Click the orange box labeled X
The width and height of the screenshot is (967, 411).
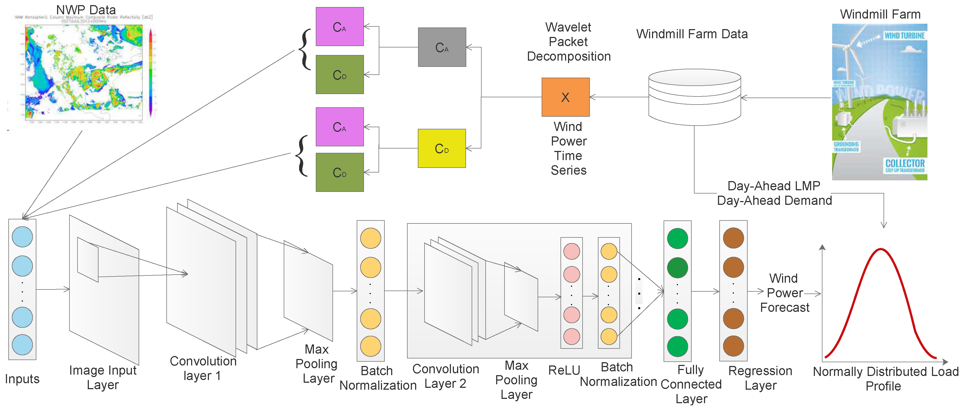[565, 97]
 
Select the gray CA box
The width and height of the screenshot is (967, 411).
[442, 47]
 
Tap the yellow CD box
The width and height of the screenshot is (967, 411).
[442, 148]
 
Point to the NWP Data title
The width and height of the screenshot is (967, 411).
[86, 10]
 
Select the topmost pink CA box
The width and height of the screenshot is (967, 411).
[339, 27]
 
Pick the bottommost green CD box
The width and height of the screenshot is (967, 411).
[339, 172]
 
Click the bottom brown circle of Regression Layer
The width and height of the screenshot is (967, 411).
[733, 346]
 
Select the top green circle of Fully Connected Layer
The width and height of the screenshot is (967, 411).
[677, 239]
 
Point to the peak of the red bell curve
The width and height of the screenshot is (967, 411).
[881, 249]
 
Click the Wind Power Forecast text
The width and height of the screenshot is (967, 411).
[784, 293]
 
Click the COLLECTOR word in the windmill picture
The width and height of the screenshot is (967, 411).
[905, 163]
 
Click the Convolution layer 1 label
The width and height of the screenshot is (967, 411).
[203, 368]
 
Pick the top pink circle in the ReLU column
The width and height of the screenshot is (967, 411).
[571, 252]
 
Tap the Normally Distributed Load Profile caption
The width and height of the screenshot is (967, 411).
[885, 379]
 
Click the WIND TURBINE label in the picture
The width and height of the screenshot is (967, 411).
[904, 36]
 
